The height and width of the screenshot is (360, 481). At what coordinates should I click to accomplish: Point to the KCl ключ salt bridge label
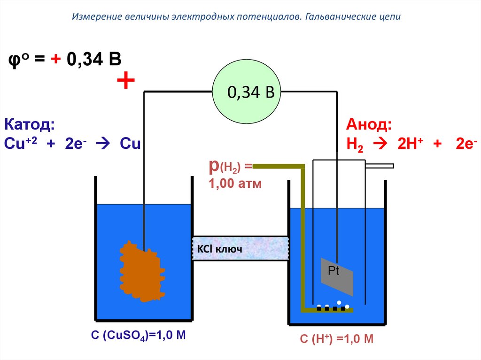click(x=217, y=249)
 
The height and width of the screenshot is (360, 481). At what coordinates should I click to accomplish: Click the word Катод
click(x=29, y=125)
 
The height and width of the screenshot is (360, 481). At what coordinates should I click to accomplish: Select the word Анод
click(x=369, y=125)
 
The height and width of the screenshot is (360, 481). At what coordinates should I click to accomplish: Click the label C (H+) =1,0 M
click(x=337, y=339)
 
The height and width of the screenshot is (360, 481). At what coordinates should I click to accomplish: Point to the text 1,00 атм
click(x=235, y=184)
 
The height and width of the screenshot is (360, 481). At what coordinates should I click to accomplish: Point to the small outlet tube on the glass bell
click(x=380, y=166)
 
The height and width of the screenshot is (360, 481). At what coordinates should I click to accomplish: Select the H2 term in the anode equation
click(x=355, y=144)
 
